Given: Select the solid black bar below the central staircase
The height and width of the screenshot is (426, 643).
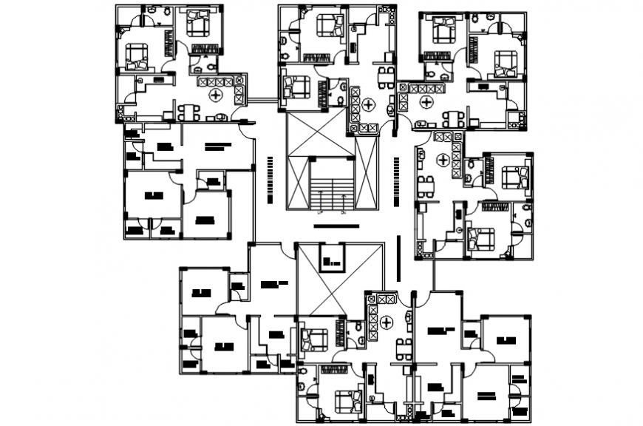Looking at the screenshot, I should pos(337,224).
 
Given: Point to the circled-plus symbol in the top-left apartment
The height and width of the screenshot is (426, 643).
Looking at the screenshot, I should pos(216,95).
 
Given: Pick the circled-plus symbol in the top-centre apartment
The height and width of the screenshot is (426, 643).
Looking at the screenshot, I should pos(367,104).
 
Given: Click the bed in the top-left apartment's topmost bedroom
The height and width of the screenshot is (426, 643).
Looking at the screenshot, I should pos(199,23).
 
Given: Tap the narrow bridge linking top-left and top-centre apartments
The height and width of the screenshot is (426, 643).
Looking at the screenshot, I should pos(262,98).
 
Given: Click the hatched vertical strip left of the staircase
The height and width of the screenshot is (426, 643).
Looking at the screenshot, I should pos(269,180).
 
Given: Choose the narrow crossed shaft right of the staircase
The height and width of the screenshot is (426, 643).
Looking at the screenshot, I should pos(366,173).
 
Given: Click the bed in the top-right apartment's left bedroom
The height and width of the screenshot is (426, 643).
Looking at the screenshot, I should pos(443,30).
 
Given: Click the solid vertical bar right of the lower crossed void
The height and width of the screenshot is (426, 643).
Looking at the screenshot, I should pos(398,257).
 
